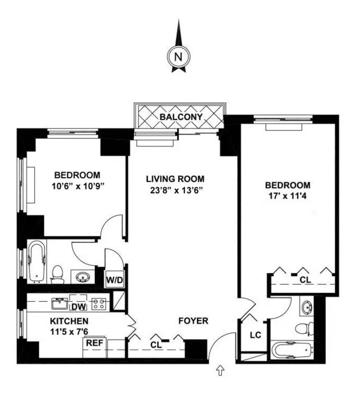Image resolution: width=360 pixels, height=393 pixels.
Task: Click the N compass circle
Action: [x=177, y=58]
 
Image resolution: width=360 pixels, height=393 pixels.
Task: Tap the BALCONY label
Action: [x=181, y=116]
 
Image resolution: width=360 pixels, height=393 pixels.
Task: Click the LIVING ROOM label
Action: [x=175, y=179]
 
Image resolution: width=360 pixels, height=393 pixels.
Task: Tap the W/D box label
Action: [x=115, y=278]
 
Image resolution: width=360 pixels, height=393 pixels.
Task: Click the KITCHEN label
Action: [x=70, y=321]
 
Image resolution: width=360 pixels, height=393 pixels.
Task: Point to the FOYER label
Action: [x=193, y=321]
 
